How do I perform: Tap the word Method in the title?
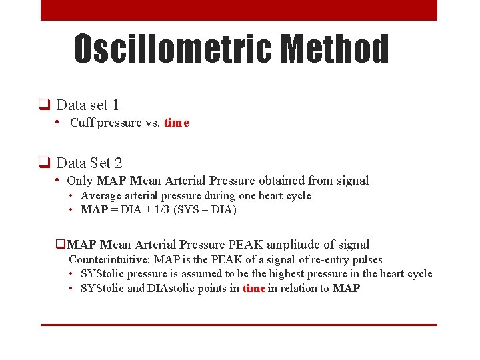pos(335,49)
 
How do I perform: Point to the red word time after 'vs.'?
pos(177,123)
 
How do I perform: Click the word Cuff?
pos(81,123)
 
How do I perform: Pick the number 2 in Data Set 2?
pos(118,163)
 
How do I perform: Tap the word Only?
pos(80,181)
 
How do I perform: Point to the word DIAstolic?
pos(212,289)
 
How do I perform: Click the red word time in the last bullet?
pos(254,289)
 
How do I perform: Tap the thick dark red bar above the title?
pos(239,10)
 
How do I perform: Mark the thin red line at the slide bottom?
pos(239,325)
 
